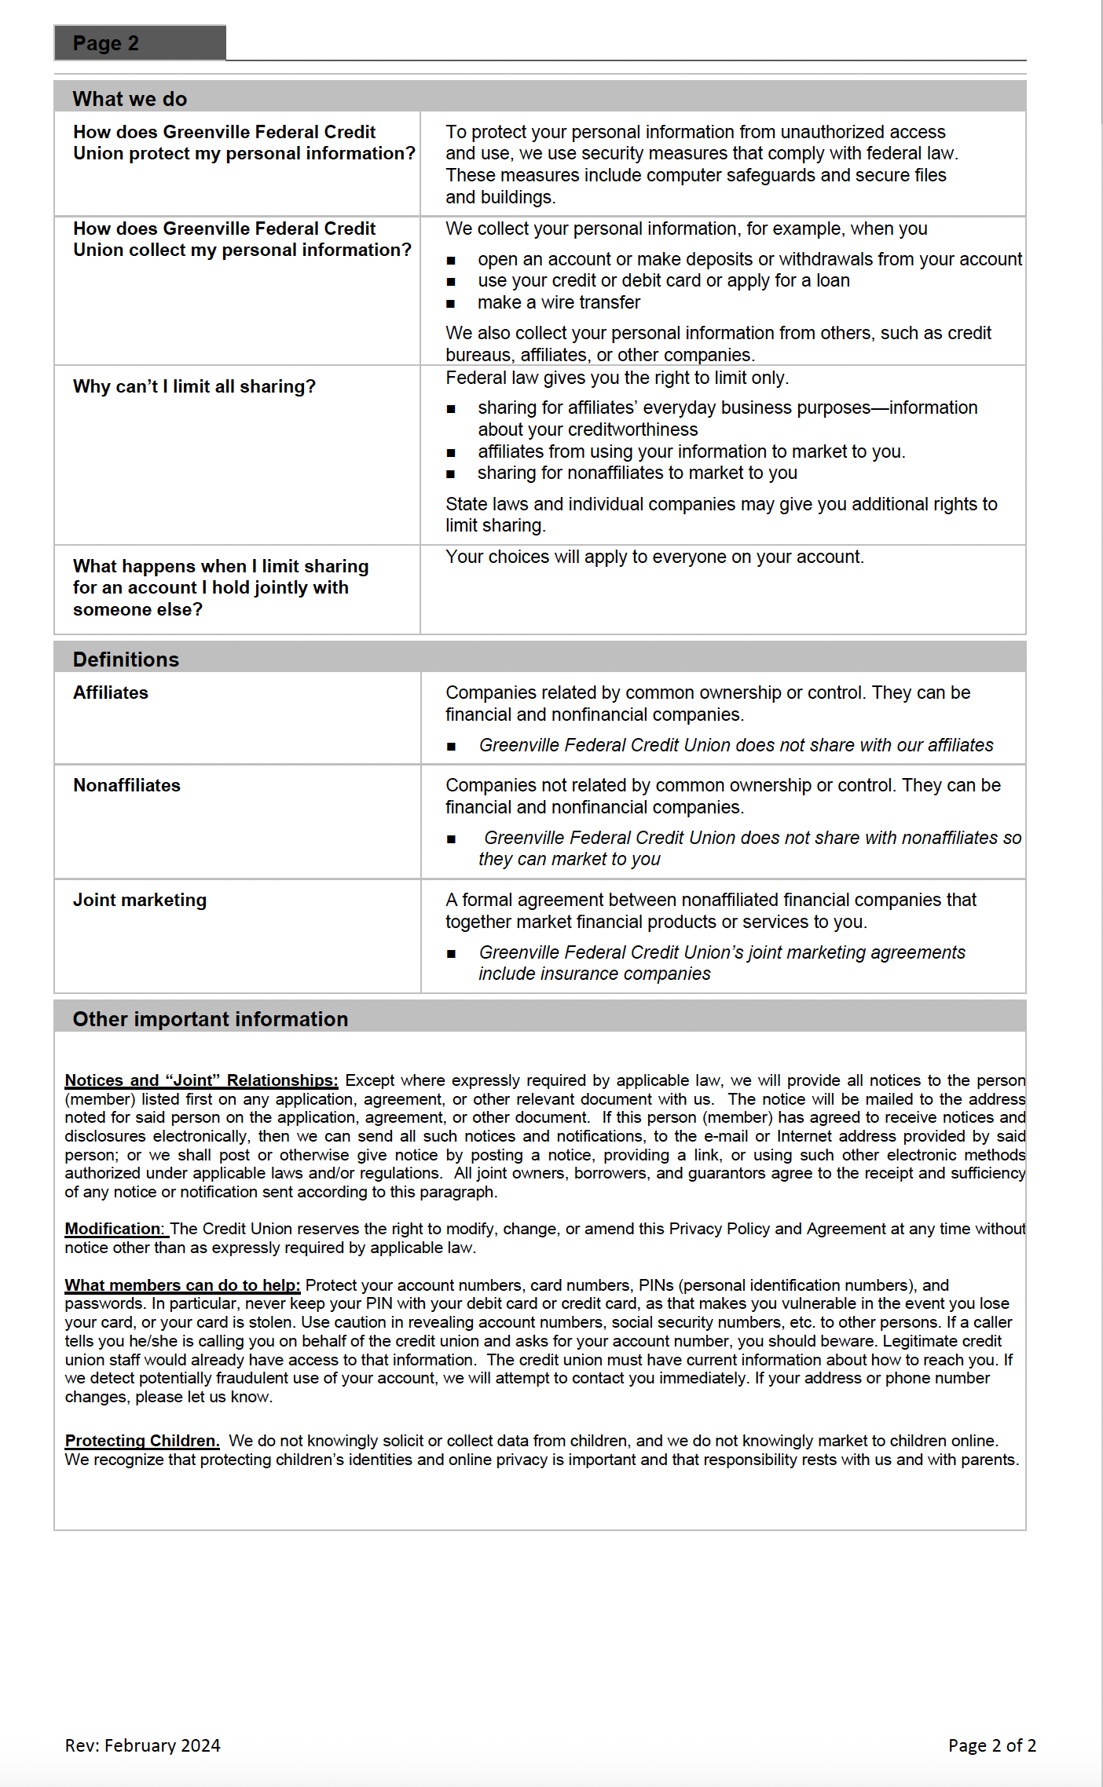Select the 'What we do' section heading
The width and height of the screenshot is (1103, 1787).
(x=130, y=99)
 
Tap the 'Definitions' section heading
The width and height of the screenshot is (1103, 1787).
(x=126, y=660)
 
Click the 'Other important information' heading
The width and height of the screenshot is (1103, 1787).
(x=210, y=1019)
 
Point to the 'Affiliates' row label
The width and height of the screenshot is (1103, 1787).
(x=111, y=693)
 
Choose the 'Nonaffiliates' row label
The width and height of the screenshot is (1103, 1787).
(x=126, y=785)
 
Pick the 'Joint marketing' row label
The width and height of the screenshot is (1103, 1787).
(x=140, y=900)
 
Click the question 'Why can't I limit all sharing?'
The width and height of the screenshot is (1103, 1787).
(x=194, y=386)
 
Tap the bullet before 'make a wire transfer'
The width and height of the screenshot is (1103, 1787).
(x=451, y=303)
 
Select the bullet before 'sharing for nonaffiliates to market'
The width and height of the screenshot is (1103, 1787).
(x=451, y=473)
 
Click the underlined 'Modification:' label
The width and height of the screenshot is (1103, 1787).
(x=115, y=1229)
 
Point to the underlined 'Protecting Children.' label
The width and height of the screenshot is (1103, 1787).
(x=142, y=1441)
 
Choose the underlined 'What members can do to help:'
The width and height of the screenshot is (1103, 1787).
(x=182, y=1285)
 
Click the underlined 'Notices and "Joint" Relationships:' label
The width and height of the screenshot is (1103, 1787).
(x=201, y=1080)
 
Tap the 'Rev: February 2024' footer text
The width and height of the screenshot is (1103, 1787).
(x=142, y=1745)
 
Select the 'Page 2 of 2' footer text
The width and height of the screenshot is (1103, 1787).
(x=991, y=1745)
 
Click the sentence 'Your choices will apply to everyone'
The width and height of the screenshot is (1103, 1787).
(x=654, y=557)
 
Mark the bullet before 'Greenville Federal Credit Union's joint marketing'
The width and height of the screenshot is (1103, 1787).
(x=451, y=953)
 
